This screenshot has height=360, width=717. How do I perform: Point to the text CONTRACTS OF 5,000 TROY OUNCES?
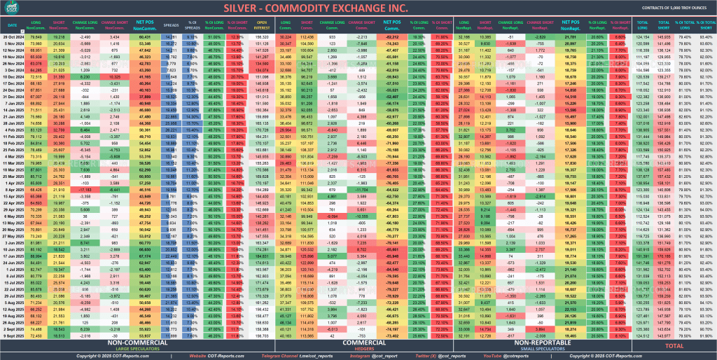point(671,9)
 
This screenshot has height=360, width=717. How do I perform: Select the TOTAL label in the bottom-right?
point(674,345)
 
